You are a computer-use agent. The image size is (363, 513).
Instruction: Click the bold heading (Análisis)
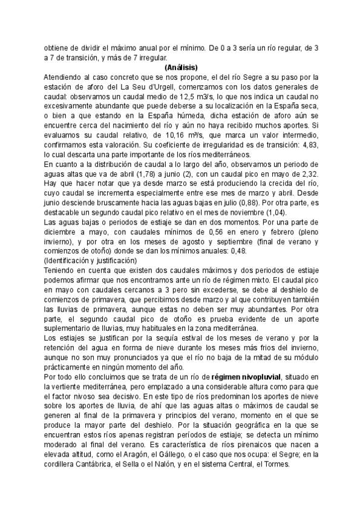(x=181, y=67)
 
